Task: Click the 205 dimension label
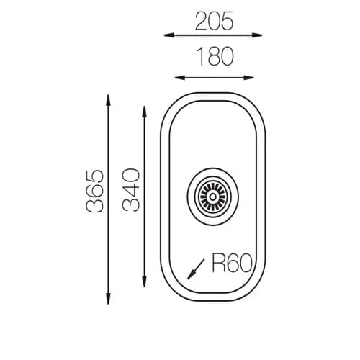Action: [214, 21]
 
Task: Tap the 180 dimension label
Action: [215, 57]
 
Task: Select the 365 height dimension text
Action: [95, 191]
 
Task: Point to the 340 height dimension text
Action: [131, 190]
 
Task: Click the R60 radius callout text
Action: [233, 263]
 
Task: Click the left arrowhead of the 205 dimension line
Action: [169, 35]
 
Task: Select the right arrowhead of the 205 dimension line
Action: [257, 35]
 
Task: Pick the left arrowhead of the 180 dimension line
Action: [179, 78]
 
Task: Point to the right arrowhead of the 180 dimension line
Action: [248, 78]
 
